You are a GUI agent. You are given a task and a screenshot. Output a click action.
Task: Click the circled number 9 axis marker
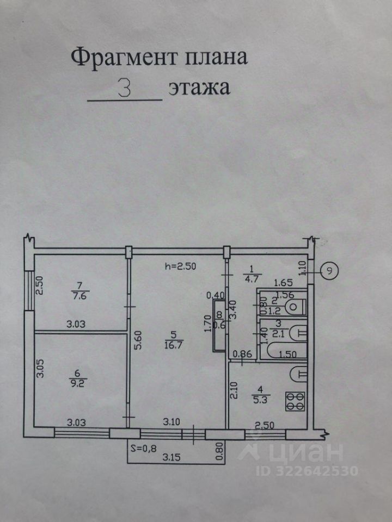pos(329,270)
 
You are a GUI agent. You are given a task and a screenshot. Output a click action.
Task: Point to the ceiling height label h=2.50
pos(180,266)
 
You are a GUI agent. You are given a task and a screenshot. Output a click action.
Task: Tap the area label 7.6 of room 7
pos(80,296)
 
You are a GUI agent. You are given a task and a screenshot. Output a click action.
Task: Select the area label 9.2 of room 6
pos(80,381)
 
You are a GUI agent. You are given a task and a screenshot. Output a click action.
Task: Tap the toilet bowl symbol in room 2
pos(293,307)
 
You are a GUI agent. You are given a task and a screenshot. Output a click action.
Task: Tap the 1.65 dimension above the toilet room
pos(284,282)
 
